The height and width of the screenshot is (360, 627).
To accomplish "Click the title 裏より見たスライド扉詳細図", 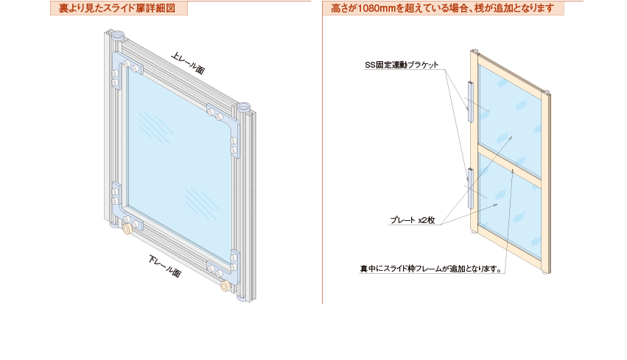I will [x=117, y=9].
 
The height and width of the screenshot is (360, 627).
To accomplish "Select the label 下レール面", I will [x=164, y=267].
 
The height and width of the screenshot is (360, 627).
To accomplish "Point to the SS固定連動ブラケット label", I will [x=402, y=65].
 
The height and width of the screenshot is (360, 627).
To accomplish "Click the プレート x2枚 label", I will [x=413, y=220].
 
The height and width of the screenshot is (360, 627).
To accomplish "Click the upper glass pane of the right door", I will [x=510, y=110].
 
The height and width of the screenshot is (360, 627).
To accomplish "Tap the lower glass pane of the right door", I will [x=510, y=202].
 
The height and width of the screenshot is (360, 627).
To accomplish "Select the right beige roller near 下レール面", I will [x=225, y=288].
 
